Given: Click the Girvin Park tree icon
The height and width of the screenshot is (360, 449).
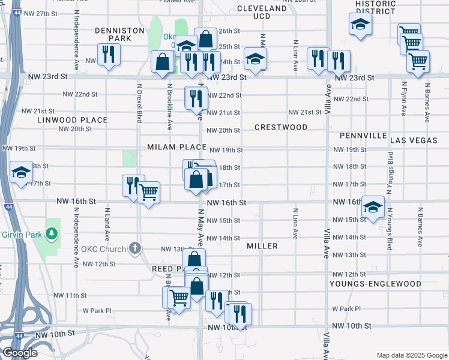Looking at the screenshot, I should click(x=52, y=232).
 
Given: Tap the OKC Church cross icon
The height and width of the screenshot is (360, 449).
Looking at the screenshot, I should click(x=136, y=248).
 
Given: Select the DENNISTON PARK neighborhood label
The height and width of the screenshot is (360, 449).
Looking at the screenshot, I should click(x=120, y=34).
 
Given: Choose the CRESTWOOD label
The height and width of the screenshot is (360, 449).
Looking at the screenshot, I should click(x=280, y=127).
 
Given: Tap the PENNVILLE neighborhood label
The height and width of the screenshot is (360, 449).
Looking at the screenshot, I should click(x=363, y=136).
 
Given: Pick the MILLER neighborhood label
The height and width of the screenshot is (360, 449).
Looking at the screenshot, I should click(x=262, y=246).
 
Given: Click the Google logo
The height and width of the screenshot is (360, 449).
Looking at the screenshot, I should click(x=20, y=353).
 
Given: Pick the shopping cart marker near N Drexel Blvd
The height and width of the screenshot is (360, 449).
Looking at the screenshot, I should click(x=148, y=193).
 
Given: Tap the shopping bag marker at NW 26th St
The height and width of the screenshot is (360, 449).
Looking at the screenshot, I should click(x=206, y=39).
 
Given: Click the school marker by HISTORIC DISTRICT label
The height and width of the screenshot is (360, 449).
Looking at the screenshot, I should click(x=360, y=25).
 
